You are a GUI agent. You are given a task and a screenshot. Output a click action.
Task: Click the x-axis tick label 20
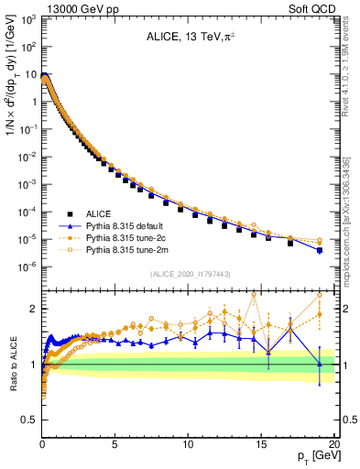333,441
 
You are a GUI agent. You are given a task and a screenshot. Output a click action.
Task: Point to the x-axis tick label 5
115,441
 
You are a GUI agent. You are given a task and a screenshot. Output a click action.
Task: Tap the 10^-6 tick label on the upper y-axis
27,267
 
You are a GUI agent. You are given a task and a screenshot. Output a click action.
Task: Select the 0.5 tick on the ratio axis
29,420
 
